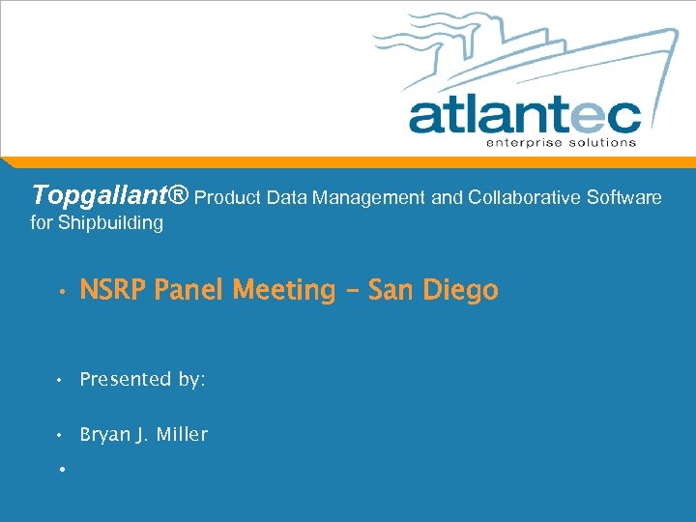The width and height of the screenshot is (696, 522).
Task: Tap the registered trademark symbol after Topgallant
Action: click(178, 196)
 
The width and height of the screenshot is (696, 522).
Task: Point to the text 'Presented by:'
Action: click(142, 380)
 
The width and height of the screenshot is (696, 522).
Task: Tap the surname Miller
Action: click(183, 435)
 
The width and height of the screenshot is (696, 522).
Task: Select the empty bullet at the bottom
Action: click(60, 469)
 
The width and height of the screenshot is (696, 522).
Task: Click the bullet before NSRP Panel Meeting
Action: click(60, 291)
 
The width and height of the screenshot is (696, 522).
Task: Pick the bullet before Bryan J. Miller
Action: click(60, 436)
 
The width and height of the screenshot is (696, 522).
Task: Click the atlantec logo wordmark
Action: click(524, 115)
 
